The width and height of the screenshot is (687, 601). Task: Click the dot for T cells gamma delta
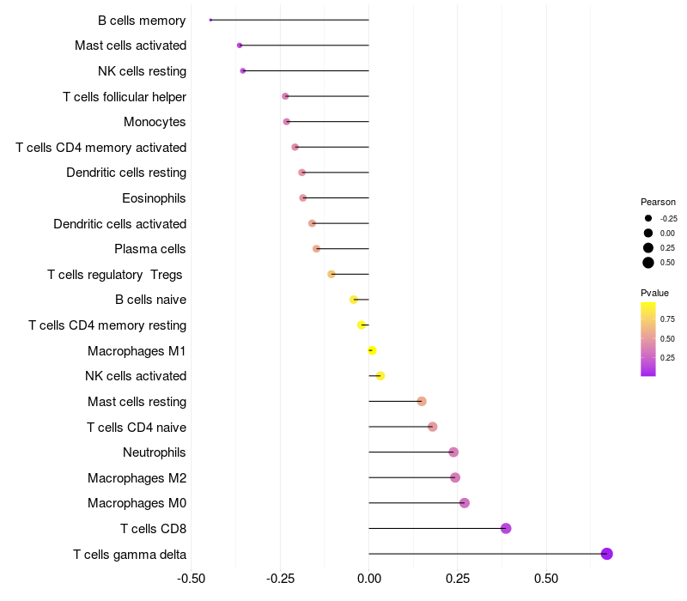606,554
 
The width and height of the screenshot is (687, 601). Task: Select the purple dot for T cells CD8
506,528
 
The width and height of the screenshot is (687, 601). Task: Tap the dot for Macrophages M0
465,503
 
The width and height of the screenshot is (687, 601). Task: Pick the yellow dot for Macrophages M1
372,350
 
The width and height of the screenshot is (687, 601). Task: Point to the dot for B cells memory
210,20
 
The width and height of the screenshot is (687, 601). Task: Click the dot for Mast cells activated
240,45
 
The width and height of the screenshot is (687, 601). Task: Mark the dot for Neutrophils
453,452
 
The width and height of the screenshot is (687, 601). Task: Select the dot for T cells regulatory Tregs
331,274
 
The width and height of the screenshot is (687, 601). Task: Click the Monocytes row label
155,122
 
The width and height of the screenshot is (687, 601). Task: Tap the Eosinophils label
154,198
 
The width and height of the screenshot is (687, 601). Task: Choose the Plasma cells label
149,249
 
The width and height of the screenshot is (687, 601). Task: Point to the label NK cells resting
142,70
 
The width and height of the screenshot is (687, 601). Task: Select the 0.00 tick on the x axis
368,579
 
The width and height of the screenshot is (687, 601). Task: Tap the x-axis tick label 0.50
546,579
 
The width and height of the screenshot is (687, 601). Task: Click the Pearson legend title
658,202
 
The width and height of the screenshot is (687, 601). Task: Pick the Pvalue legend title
654,293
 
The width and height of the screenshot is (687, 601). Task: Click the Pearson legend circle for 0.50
648,263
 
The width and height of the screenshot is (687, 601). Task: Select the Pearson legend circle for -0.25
648,218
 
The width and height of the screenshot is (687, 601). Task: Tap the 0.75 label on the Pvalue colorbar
667,319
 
